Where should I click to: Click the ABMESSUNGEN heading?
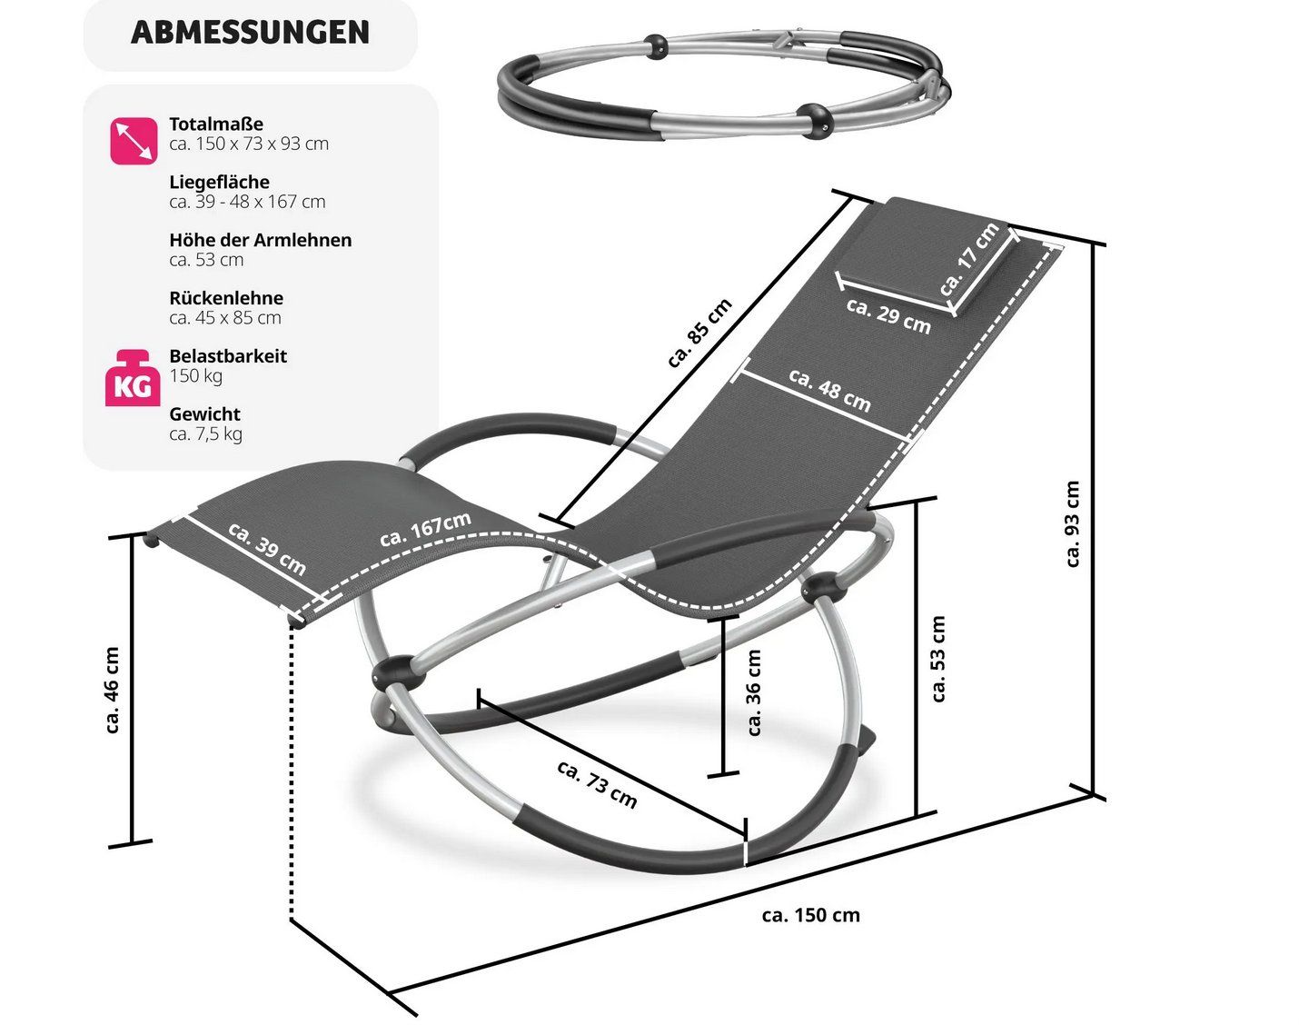[x=250, y=32]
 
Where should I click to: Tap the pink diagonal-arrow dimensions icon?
[x=134, y=142]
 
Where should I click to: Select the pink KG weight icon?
[x=133, y=379]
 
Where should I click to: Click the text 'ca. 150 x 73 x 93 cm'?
[x=249, y=144]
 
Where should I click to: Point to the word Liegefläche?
[x=219, y=182]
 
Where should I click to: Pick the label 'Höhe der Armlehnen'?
[x=260, y=240]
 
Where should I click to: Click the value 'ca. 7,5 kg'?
[x=206, y=433]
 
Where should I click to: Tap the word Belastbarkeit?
[x=228, y=356]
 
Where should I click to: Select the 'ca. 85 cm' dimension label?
[x=699, y=333]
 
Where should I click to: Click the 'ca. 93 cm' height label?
[x=1072, y=523]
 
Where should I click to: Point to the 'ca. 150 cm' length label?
[x=810, y=915]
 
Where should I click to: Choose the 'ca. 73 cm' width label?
[x=597, y=784]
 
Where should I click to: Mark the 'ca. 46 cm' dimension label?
[x=113, y=691]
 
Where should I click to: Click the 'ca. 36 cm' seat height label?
[x=754, y=692]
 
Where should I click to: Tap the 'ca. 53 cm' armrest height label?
[x=938, y=659]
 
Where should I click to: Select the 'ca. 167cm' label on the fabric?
[x=425, y=529]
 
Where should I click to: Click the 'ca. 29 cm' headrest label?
[x=887, y=315]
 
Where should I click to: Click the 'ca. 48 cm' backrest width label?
[x=829, y=390]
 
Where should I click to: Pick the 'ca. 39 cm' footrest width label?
[x=267, y=549]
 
